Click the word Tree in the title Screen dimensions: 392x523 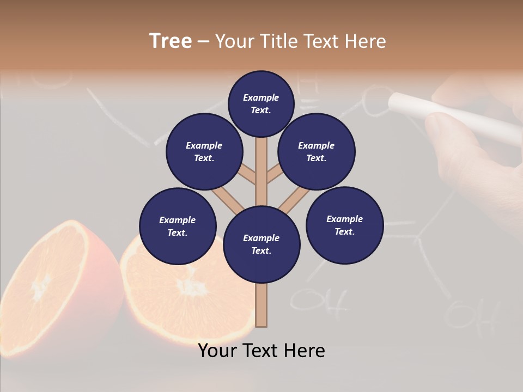click(x=171, y=41)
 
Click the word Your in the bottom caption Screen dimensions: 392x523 click(x=217, y=351)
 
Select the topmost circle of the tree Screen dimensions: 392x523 click(x=261, y=103)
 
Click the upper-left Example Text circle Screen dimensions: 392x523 click(x=204, y=151)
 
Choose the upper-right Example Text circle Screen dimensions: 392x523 click(x=317, y=151)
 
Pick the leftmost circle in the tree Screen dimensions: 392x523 click(x=178, y=226)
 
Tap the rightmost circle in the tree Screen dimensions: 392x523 click(x=344, y=225)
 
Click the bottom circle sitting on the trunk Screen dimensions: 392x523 click(x=261, y=244)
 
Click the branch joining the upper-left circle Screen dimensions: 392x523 click(x=246, y=174)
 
